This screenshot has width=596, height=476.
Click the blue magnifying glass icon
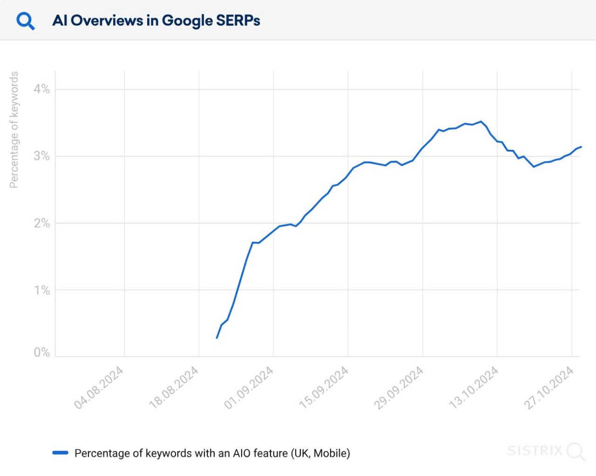(x=25, y=20)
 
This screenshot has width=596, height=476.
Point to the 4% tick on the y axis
(x=41, y=89)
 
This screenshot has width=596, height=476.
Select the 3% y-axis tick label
(x=41, y=156)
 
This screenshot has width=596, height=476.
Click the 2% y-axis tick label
(x=41, y=223)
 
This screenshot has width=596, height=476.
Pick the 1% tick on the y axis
(x=41, y=290)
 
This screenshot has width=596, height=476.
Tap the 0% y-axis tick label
(x=41, y=352)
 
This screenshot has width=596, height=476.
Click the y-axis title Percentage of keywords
(x=14, y=130)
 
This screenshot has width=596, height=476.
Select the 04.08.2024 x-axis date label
(x=99, y=388)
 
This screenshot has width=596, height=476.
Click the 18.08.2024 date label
(x=174, y=388)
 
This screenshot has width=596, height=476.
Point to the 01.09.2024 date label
(x=249, y=388)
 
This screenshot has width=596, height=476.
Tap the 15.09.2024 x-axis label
(x=324, y=388)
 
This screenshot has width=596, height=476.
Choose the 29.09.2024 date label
(x=399, y=388)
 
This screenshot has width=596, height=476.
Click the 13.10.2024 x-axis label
(x=474, y=388)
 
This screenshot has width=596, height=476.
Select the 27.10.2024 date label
(x=549, y=388)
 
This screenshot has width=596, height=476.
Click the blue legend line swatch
(x=61, y=453)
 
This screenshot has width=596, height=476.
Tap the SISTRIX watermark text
(x=535, y=451)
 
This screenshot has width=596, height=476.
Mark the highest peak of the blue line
(x=481, y=121)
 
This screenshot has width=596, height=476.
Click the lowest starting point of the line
(x=217, y=338)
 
